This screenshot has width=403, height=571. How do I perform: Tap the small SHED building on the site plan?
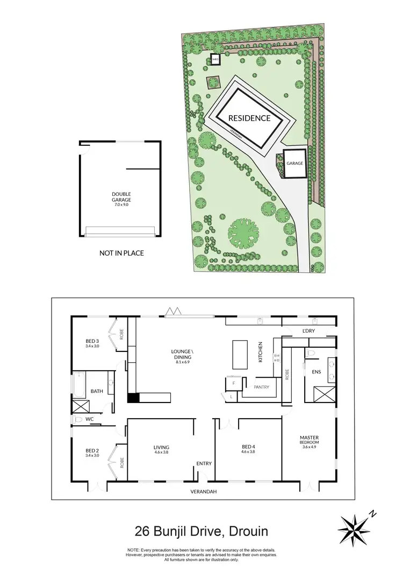(216, 60)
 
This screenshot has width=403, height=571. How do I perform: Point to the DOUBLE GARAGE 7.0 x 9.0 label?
(121, 199)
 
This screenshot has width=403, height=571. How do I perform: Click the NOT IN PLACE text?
(121, 252)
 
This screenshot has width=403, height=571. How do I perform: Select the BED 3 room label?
(92, 343)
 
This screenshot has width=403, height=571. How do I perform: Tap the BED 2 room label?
(92, 453)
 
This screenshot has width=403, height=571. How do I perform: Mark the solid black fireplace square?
(133, 398)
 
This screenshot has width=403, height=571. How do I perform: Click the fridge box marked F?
(234, 383)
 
